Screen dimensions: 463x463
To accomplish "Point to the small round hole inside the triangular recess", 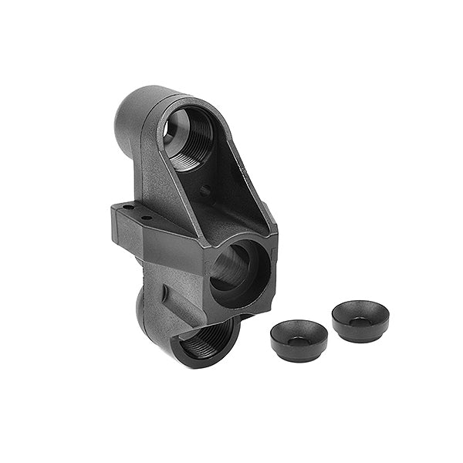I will (205, 190).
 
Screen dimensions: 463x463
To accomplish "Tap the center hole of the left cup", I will (299, 340).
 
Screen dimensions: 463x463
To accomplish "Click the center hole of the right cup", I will (360, 320).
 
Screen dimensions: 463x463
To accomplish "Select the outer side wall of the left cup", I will (299, 353).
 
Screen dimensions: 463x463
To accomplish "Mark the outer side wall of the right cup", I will (360, 333).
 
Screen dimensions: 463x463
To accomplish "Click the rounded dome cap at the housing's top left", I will (133, 116).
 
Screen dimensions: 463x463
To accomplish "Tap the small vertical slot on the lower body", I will (164, 293).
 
